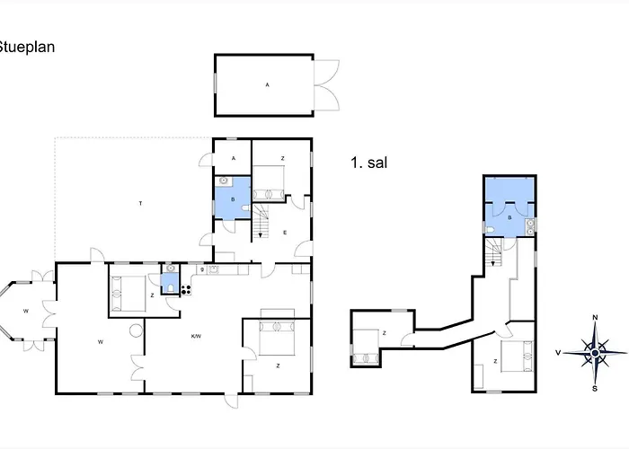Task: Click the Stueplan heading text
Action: coord(26,48)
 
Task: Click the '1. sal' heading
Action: coord(369,163)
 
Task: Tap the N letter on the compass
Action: coord(595,318)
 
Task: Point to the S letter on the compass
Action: coord(595,389)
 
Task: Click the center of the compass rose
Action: coord(595,353)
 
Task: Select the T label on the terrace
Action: coord(140,204)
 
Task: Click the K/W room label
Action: coord(196,337)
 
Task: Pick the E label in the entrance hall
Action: coord(285,233)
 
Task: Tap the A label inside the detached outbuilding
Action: coord(268,84)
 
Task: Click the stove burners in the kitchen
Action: coord(186,289)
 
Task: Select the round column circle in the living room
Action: coord(136,330)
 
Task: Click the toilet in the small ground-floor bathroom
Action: coord(171,287)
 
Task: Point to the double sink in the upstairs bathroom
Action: coord(530,227)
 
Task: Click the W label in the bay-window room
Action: coord(26,311)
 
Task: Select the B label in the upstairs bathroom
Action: coord(509,217)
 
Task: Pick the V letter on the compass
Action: coord(558,353)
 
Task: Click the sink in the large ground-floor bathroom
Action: coord(224,181)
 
